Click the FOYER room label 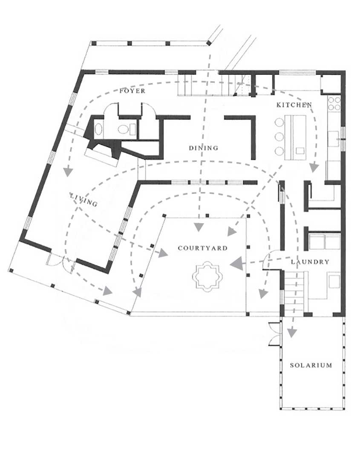tap(132, 91)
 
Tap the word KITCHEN tap(294, 105)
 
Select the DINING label tap(204, 148)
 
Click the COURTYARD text tap(203, 248)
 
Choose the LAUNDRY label tap(310, 262)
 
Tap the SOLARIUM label tap(311, 365)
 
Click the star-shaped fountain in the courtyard tap(207, 276)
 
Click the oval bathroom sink tap(98, 129)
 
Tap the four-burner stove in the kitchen tap(334, 103)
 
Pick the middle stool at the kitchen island tap(279, 136)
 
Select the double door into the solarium tap(275, 334)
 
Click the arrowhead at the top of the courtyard tap(199, 227)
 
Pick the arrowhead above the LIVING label tap(69, 172)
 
